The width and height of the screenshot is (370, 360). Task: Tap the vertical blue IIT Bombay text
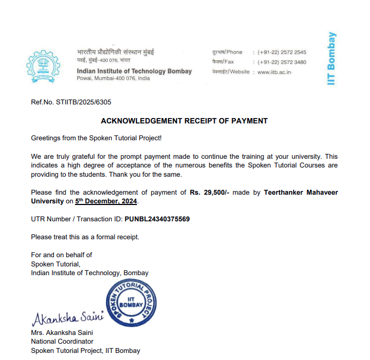[331, 59]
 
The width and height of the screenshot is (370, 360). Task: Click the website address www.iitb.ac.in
[274, 72]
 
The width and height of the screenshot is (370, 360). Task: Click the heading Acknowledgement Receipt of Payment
[184, 121]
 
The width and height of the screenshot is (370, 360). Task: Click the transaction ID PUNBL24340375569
[157, 219]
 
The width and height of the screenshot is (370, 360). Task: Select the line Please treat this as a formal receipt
[85, 237]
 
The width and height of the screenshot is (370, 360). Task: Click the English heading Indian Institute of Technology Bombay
[134, 71]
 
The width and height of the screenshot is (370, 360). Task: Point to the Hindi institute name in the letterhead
[116, 52]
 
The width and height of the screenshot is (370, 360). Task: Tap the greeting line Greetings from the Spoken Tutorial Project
[96, 139]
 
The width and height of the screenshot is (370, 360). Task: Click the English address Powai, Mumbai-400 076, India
[113, 78]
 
